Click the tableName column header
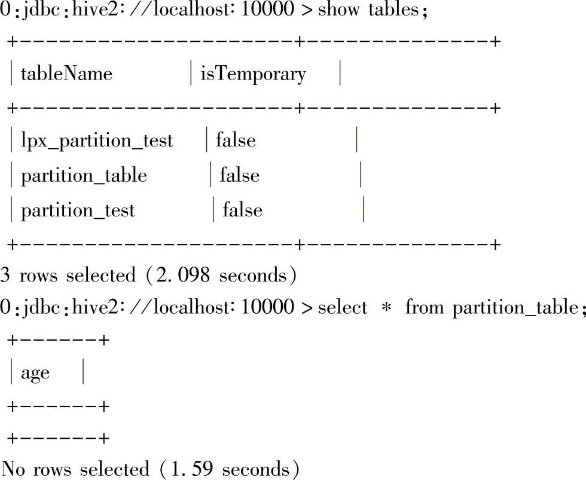click(x=66, y=74)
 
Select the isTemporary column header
click(x=253, y=74)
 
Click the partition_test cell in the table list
click(x=78, y=210)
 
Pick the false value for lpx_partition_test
click(x=236, y=140)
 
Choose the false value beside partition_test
click(x=242, y=210)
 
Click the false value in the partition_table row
click(x=239, y=176)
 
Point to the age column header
click(x=35, y=373)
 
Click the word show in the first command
click(x=338, y=10)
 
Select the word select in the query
click(x=343, y=308)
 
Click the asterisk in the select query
click(x=386, y=308)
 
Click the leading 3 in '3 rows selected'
click(x=5, y=276)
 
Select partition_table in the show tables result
click(x=84, y=176)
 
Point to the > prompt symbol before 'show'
click(x=307, y=11)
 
